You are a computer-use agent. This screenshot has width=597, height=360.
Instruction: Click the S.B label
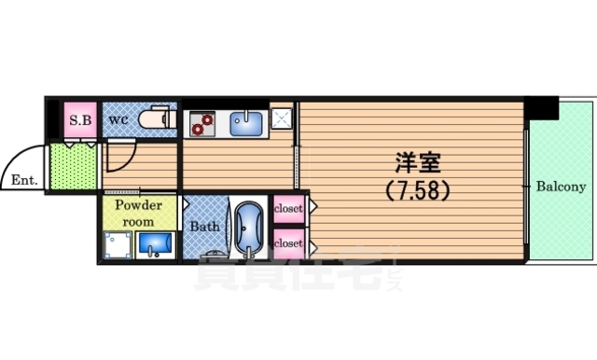(77, 119)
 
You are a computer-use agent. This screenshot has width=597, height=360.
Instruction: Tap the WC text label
(118, 119)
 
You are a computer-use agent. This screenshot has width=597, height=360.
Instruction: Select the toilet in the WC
(156, 119)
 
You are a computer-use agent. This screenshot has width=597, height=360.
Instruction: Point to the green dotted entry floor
(72, 166)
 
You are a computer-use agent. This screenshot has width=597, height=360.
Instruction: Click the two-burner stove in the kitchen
(201, 120)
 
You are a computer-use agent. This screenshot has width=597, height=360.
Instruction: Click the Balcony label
(561, 187)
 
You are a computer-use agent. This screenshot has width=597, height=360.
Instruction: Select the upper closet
(288, 209)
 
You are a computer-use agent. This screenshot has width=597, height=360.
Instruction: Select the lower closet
(288, 242)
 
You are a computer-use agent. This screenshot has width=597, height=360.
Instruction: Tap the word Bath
(204, 226)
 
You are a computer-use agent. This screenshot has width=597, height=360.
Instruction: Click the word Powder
(139, 206)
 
